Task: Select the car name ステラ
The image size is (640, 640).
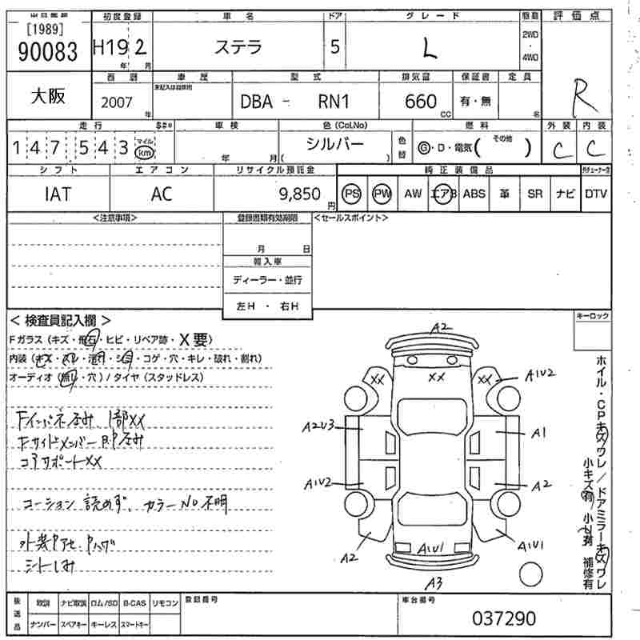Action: pyautogui.click(x=238, y=47)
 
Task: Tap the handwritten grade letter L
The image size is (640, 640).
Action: pyautogui.click(x=430, y=49)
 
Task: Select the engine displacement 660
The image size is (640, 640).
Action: pyautogui.click(x=421, y=102)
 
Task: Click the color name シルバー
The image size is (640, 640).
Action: pyautogui.click(x=335, y=144)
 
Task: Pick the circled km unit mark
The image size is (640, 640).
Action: pyautogui.click(x=145, y=152)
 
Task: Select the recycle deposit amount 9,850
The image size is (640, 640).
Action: pyautogui.click(x=299, y=194)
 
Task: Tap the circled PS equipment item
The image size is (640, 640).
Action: pyautogui.click(x=351, y=194)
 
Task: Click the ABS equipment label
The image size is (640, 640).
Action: pyautogui.click(x=474, y=194)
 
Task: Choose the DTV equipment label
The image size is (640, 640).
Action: pyautogui.click(x=596, y=194)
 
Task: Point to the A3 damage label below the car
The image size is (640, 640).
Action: pyautogui.click(x=434, y=581)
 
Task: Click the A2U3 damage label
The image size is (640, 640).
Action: pyautogui.click(x=317, y=428)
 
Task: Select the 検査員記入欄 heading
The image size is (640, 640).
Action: pyautogui.click(x=60, y=320)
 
